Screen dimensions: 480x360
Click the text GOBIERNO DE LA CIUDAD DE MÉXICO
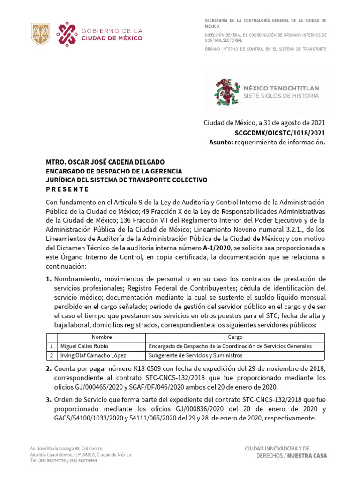(112, 35)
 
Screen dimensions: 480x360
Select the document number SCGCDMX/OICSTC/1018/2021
(286, 133)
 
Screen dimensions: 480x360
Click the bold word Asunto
(221, 142)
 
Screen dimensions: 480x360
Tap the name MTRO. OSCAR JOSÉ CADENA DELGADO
(105, 162)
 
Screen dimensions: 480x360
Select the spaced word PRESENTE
(67, 189)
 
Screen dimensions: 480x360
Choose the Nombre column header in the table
(101, 337)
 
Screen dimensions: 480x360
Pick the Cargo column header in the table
(235, 337)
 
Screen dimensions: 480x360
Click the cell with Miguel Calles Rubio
(84, 346)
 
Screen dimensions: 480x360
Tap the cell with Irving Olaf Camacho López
(93, 355)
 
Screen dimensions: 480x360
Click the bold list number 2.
(49, 369)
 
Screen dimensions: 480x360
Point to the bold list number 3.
(49, 400)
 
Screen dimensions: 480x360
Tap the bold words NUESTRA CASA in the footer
(307, 456)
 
